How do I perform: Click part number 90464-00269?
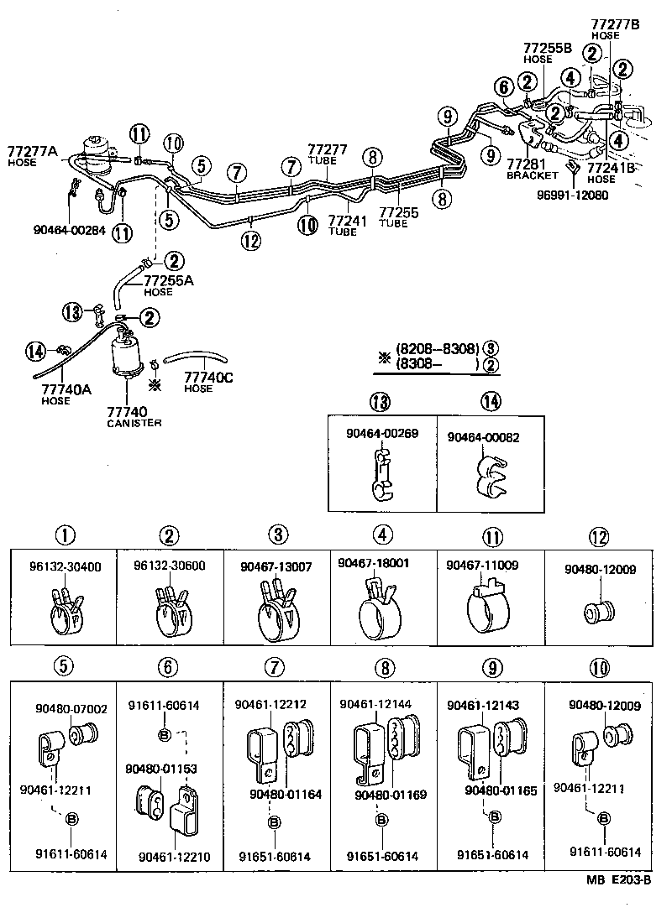381,434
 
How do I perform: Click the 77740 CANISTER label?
127,416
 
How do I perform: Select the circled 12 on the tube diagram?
250,242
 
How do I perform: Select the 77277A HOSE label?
32,156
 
